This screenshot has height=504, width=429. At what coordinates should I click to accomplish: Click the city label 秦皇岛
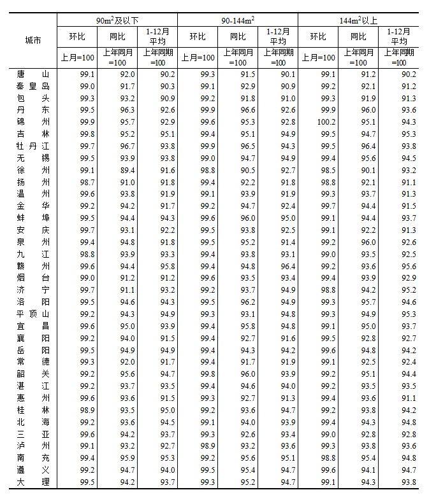[33, 86]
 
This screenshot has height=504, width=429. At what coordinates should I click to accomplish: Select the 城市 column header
[33, 40]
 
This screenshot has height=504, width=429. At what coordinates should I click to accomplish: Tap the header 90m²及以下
[117, 20]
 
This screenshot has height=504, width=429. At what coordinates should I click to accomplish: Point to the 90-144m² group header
[237, 20]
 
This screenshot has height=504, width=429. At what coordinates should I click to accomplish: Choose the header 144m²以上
[358, 20]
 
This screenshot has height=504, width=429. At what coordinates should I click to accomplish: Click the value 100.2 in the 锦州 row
[326, 122]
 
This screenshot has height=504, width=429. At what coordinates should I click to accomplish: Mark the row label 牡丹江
[33, 146]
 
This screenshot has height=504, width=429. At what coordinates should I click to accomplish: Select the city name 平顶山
[33, 314]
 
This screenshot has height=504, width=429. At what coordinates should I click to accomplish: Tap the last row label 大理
[33, 482]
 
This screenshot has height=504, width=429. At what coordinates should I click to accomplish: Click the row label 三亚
[33, 434]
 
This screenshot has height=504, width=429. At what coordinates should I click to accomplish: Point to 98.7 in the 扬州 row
[87, 182]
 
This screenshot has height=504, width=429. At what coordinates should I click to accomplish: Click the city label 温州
[33, 194]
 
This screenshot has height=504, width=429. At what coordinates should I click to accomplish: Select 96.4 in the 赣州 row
[287, 266]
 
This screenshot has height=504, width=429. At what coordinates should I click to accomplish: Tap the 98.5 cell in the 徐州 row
[328, 170]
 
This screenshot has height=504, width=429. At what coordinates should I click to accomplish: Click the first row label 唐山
[33, 74]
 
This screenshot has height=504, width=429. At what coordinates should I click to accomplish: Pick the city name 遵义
[33, 470]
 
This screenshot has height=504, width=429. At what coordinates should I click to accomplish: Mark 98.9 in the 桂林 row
[87, 410]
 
